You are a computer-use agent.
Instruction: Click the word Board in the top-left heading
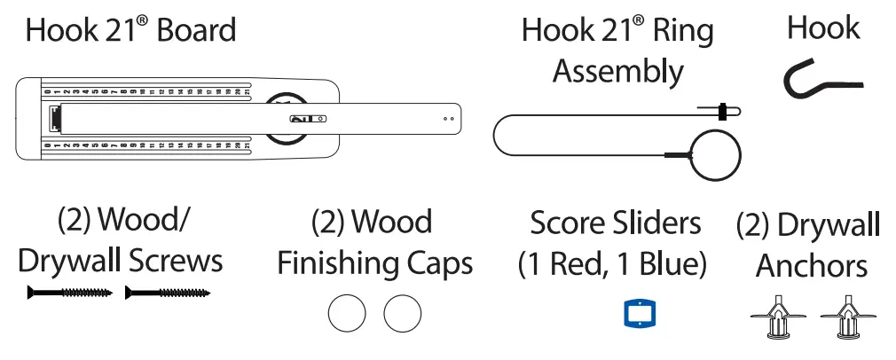pyautogui.click(x=196, y=31)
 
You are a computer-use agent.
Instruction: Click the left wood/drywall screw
pyautogui.click(x=70, y=292)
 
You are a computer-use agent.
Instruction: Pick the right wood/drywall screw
pyautogui.click(x=168, y=292)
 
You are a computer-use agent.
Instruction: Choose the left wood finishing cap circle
pyautogui.click(x=347, y=313)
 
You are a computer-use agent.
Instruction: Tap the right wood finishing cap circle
pyautogui.click(x=402, y=313)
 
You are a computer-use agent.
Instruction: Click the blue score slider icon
pyautogui.click(x=639, y=314)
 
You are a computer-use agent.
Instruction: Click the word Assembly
pyautogui.click(x=617, y=71)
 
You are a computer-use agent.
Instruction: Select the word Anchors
pyautogui.click(x=812, y=265)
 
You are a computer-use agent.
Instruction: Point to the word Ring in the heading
pyautogui.click(x=684, y=31)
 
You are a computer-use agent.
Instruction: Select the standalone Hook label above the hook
pyautogui.click(x=822, y=28)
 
